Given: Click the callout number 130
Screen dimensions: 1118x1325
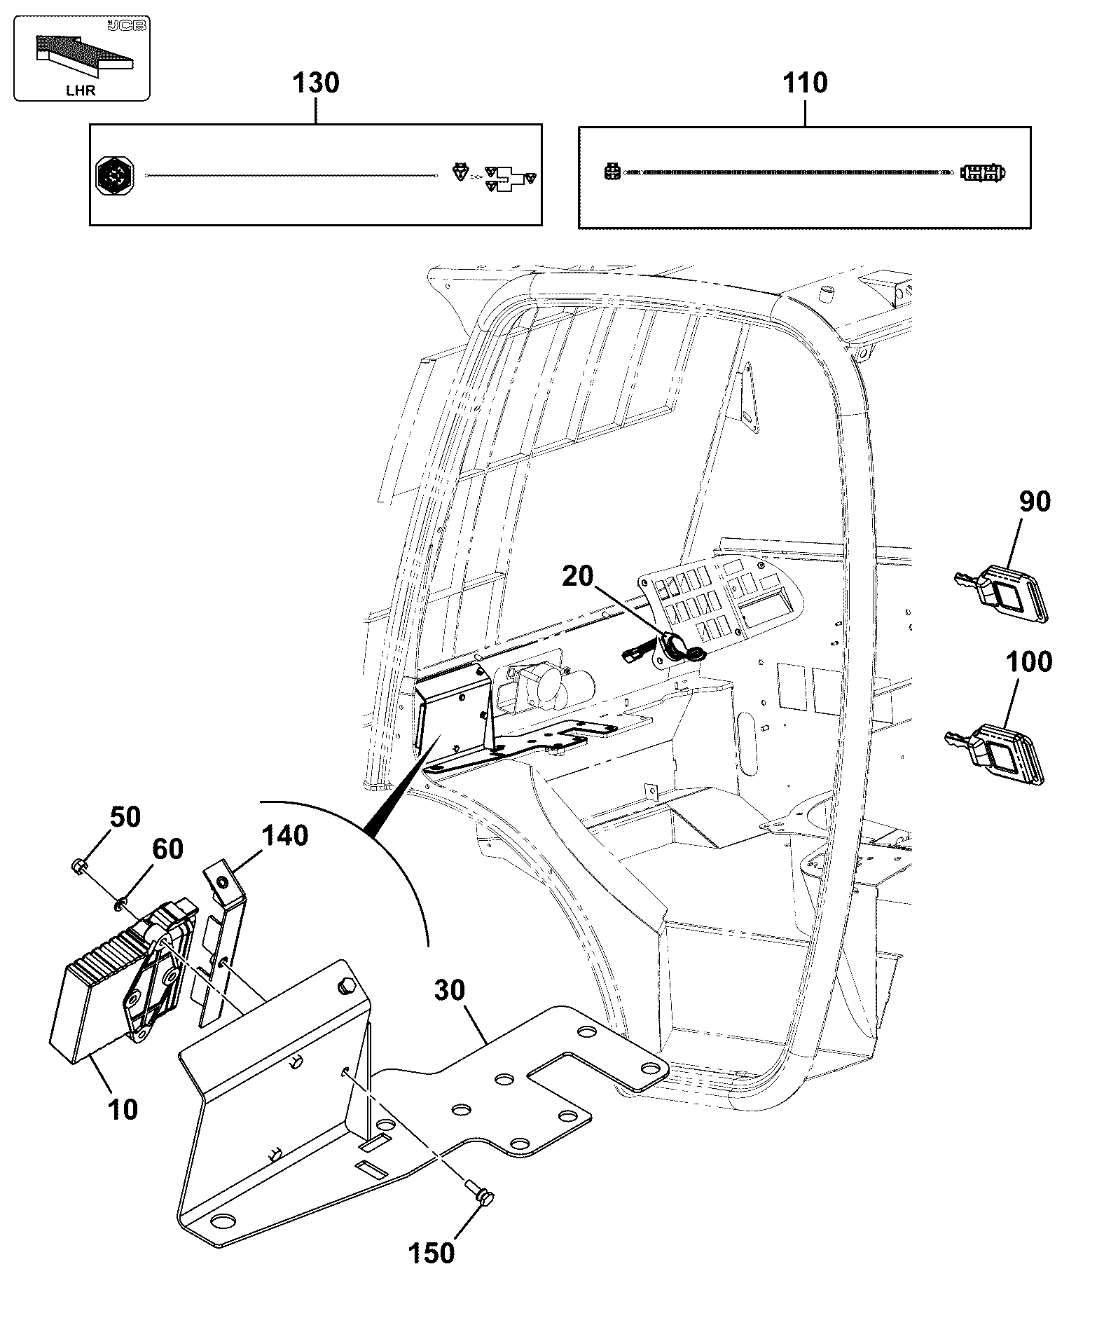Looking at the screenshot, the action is click(x=315, y=83).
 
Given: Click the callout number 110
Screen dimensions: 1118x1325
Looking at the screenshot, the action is click(x=805, y=83).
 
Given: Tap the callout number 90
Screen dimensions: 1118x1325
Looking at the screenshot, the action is click(x=1035, y=502).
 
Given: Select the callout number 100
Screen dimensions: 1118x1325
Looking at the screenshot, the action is click(x=1029, y=661).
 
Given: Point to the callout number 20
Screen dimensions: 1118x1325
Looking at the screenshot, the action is click(x=578, y=576).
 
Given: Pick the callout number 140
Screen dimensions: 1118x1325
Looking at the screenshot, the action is click(x=285, y=835).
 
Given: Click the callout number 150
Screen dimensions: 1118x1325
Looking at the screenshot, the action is click(x=432, y=1253).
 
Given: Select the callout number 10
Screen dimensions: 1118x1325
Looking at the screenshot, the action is click(x=123, y=1110).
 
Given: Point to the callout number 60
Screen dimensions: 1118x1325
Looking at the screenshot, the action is click(x=167, y=849).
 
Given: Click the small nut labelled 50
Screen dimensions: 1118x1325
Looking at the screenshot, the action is click(x=78, y=867).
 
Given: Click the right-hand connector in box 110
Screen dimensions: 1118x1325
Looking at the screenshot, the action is click(x=983, y=172).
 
